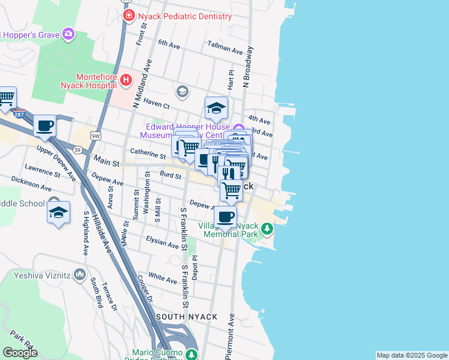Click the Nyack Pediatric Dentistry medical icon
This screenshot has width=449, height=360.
tap(128, 15)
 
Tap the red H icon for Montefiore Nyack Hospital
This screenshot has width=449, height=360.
tap(125, 79)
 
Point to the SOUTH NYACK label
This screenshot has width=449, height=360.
tap(181, 316)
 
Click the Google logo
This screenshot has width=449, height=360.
tap(20, 353)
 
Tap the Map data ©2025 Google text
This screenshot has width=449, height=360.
tap(412, 355)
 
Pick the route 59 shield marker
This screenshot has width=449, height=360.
tap(77, 149)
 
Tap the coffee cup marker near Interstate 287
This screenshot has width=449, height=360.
tap(44, 126)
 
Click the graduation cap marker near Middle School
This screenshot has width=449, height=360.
tap(58, 213)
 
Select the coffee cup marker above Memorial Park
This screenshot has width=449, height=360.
tap(225, 217)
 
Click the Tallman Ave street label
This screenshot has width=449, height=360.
tap(224, 45)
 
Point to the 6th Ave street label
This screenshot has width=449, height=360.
tap(169, 43)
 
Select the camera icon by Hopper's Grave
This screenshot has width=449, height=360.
tap(68, 34)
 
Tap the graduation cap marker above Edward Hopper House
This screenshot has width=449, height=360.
tap(216, 108)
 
